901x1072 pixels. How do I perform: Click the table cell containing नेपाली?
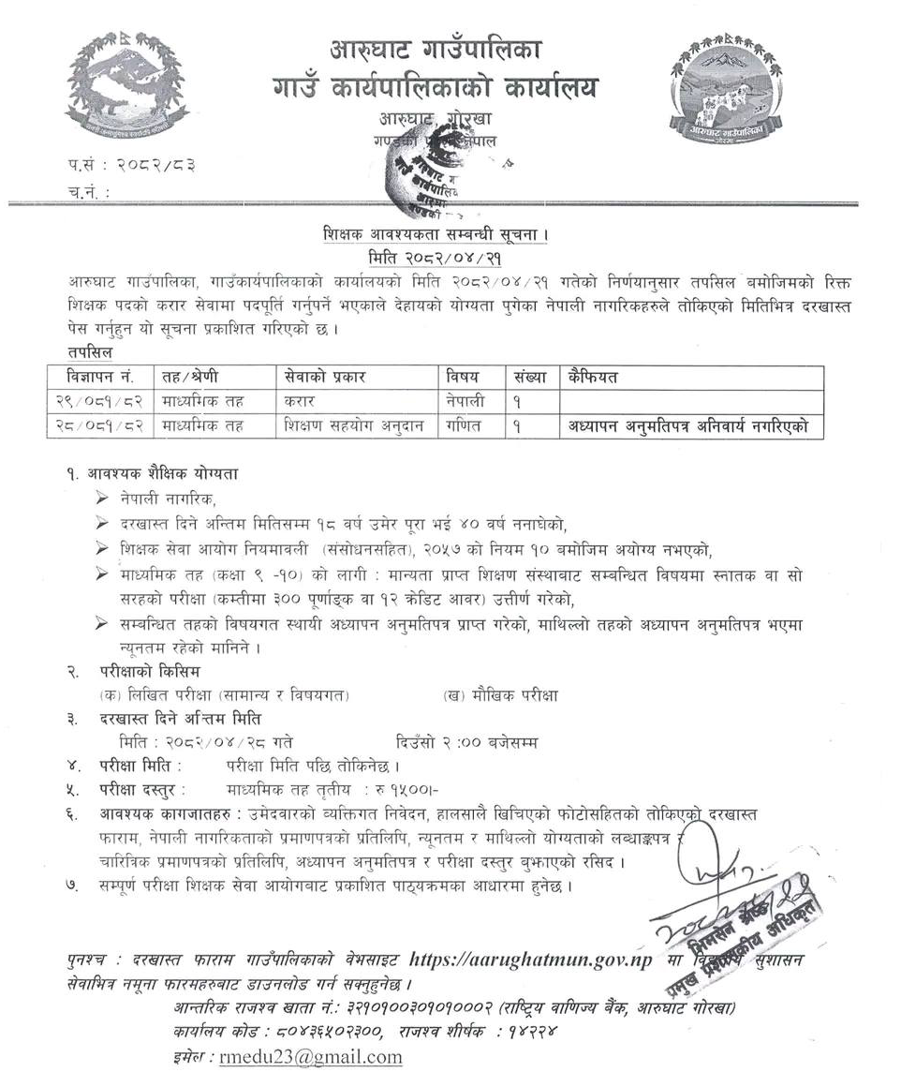click(x=467, y=401)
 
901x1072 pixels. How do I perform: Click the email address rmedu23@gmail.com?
click(x=310, y=1056)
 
